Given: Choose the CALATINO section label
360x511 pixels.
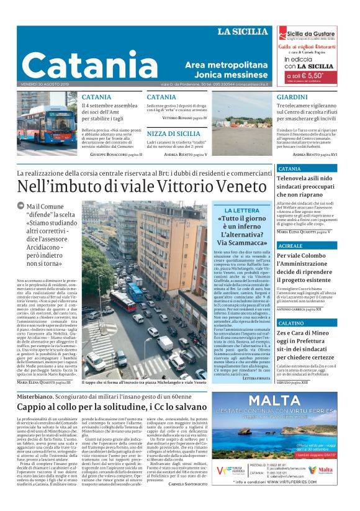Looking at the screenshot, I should pyautogui.click(x=292, y=306).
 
